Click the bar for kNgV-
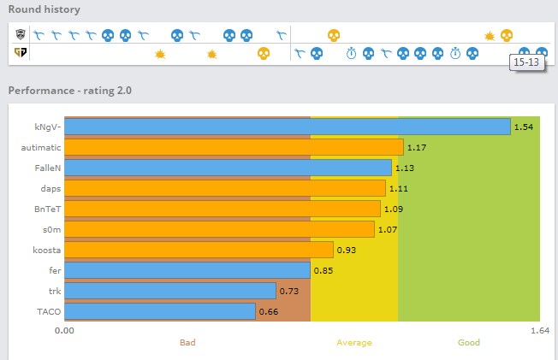288,127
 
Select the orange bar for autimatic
234,147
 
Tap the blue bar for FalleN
228,168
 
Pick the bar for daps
225,188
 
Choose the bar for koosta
199,249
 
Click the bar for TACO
160,310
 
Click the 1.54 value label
524,127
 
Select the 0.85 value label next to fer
323,270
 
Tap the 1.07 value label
389,229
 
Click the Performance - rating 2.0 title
69,90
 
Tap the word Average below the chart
353,343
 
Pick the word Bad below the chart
187,343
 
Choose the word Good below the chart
468,343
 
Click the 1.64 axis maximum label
539,330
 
